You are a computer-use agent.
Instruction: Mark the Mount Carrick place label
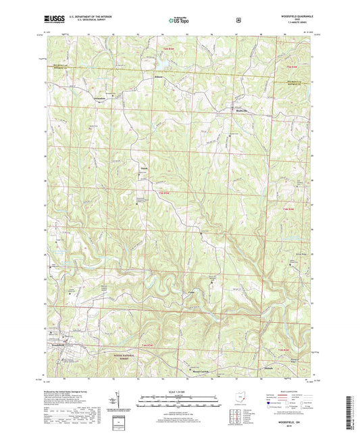pos(191,370)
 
